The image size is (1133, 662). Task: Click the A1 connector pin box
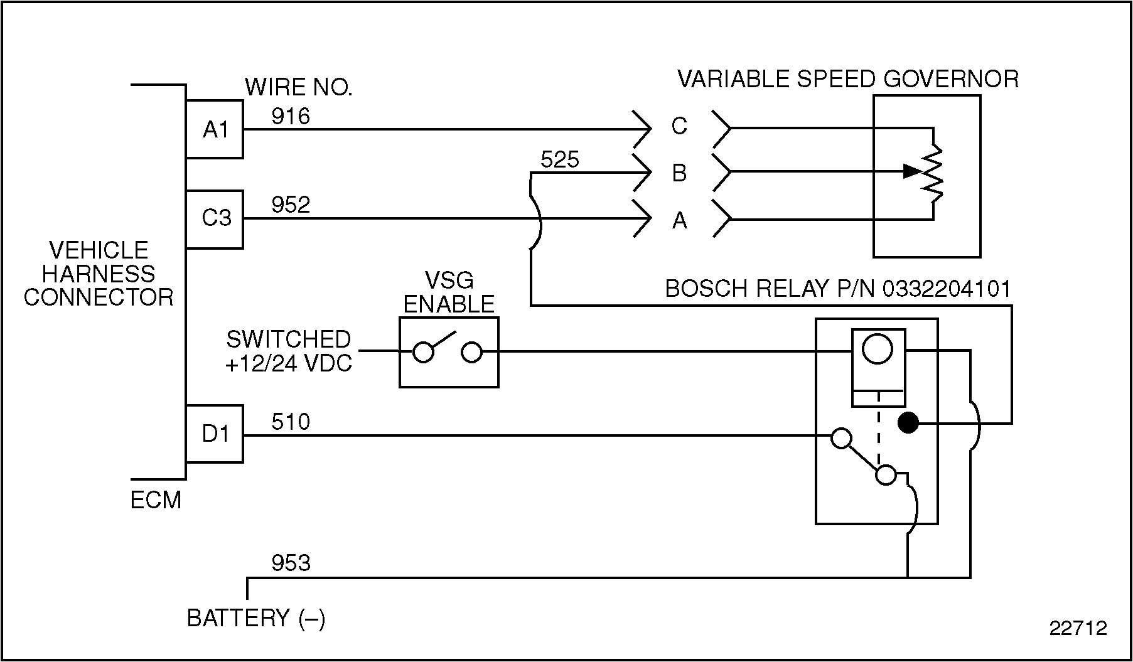click(x=215, y=129)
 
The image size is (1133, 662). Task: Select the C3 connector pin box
click(x=215, y=219)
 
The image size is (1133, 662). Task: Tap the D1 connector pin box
click(x=215, y=434)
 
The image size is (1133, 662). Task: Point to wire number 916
click(x=291, y=116)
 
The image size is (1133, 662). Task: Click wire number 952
click(x=291, y=205)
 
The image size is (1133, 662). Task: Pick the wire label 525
click(x=559, y=160)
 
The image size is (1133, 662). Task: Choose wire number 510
click(x=291, y=422)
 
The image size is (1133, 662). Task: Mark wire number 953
click(x=291, y=563)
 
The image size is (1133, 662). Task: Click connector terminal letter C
click(x=679, y=127)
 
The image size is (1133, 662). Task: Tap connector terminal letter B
click(x=679, y=173)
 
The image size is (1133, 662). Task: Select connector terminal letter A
click(x=679, y=221)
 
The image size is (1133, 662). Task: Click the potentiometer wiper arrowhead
click(x=912, y=171)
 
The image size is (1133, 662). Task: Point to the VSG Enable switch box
click(x=449, y=352)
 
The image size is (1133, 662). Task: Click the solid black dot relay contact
click(x=908, y=424)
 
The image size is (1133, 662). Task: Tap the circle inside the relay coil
click(x=878, y=349)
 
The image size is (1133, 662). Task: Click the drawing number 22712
click(x=1078, y=628)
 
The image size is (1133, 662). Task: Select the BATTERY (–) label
click(x=256, y=618)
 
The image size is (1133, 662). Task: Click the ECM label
click(x=156, y=500)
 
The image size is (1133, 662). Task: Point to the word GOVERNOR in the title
click(x=950, y=79)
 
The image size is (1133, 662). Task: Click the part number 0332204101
click(x=947, y=289)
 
